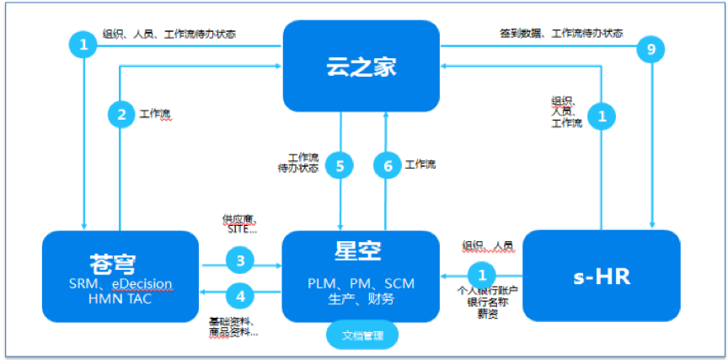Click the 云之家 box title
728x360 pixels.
(361, 65)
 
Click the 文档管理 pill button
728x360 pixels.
(361, 336)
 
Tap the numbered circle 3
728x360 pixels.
(241, 261)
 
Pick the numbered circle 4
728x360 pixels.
(241, 295)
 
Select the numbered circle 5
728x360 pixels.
(340, 166)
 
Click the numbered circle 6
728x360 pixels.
(388, 166)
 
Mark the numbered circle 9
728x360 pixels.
(650, 51)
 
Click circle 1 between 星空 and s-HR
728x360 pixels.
(482, 274)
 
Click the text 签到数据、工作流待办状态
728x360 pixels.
(562, 33)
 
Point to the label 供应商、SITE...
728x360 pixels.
(240, 223)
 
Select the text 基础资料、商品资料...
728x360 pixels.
(233, 326)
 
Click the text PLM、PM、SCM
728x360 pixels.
(361, 282)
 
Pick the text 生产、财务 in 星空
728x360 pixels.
(361, 298)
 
